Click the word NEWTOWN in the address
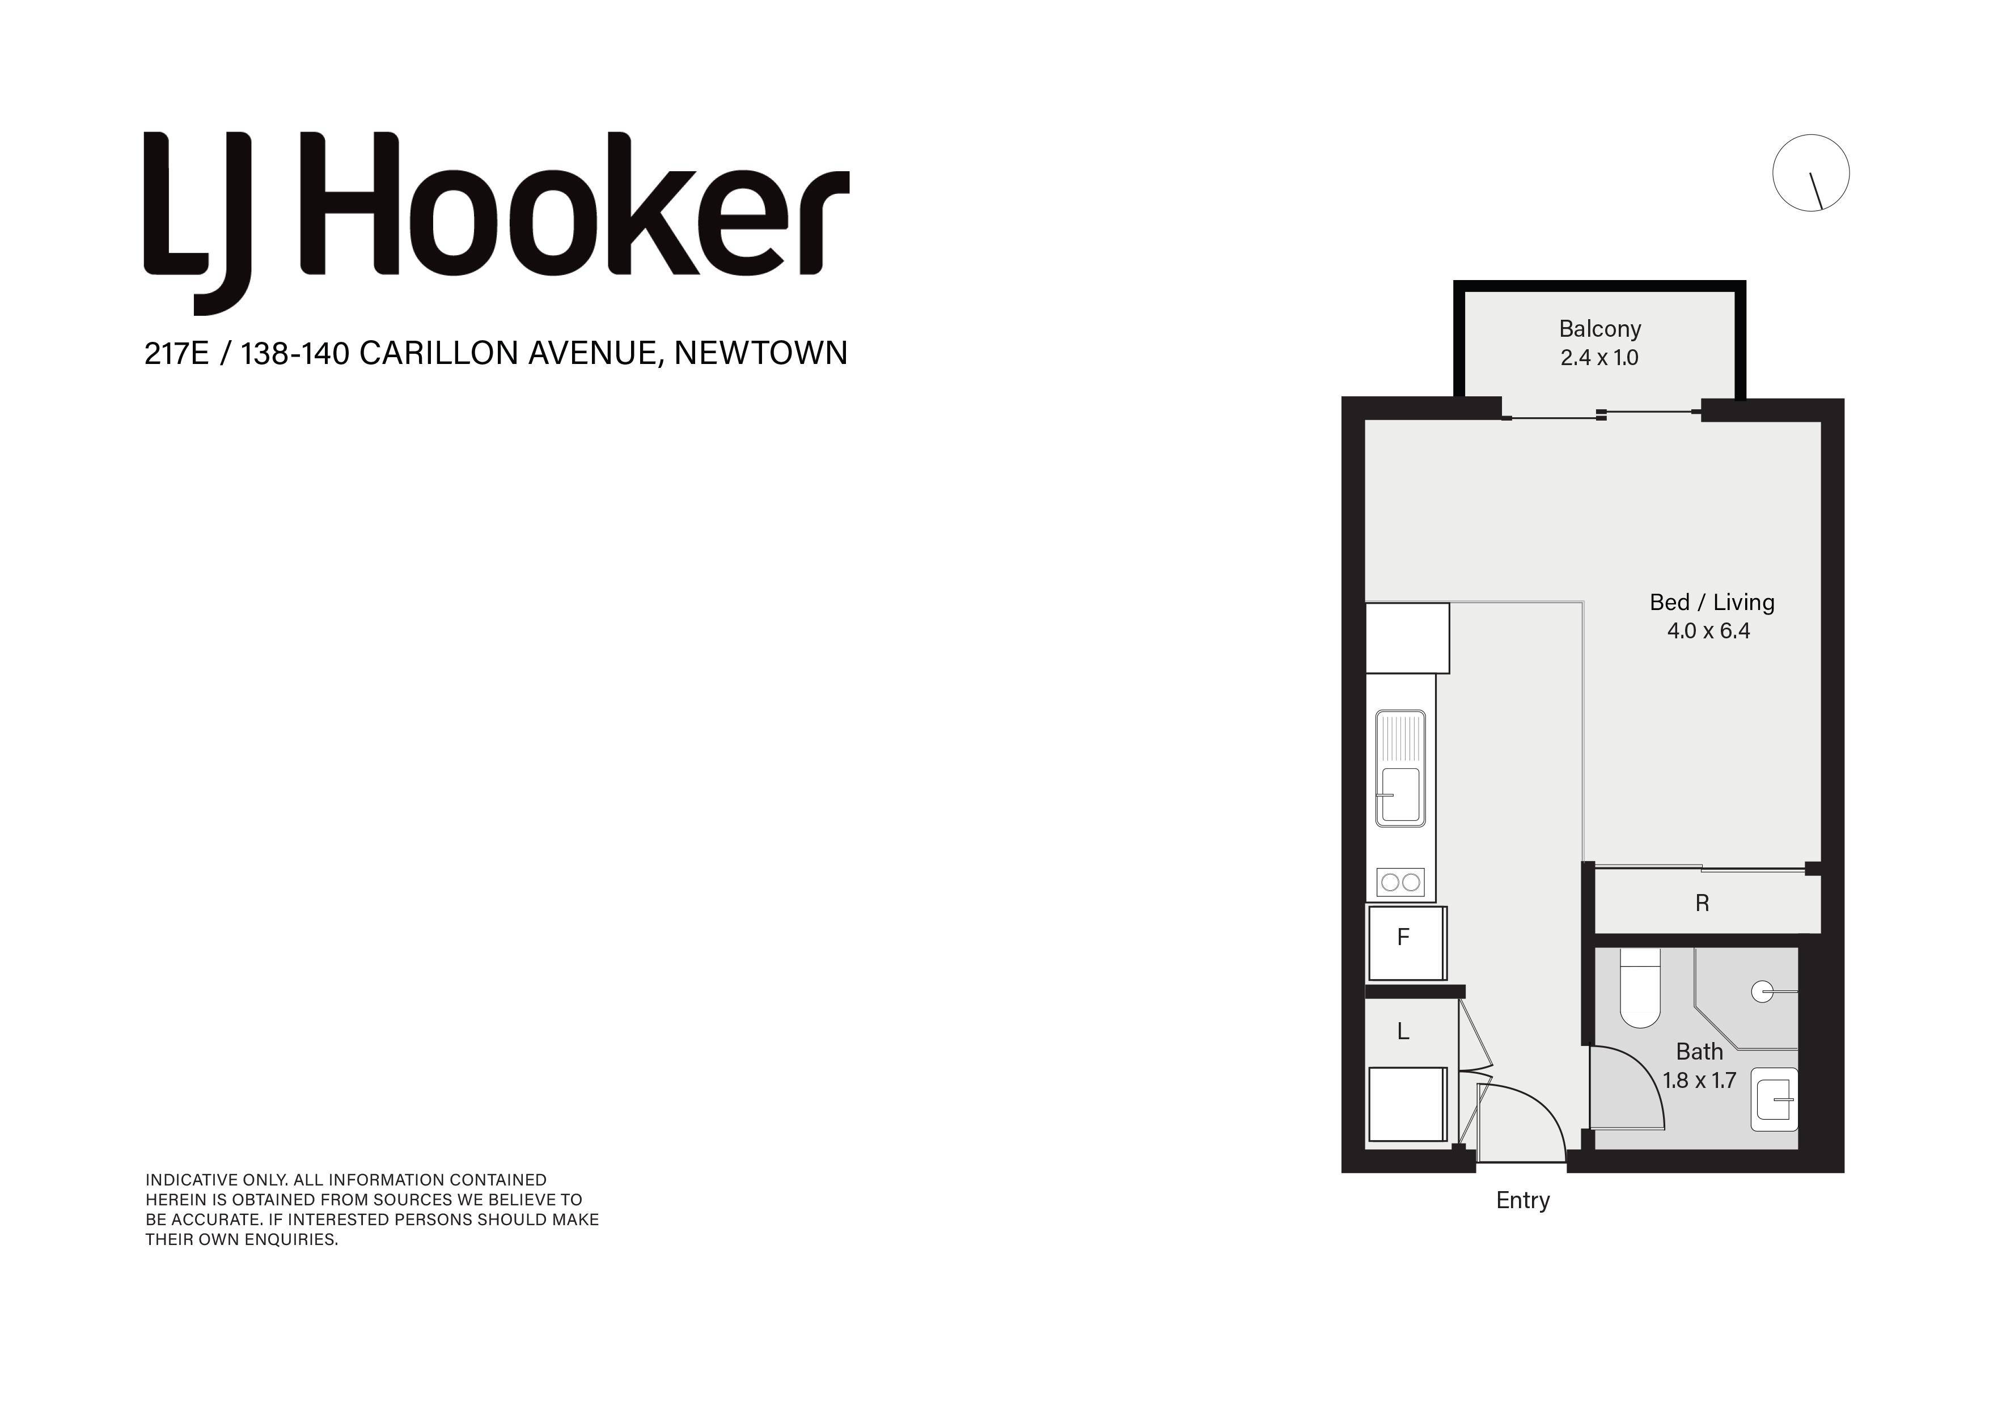(760, 353)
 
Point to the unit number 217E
(177, 353)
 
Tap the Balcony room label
(1600, 329)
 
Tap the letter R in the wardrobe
(1702, 904)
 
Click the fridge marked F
(1406, 943)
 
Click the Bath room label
(1700, 1052)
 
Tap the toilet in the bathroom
(1640, 988)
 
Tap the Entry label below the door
(1523, 1201)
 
